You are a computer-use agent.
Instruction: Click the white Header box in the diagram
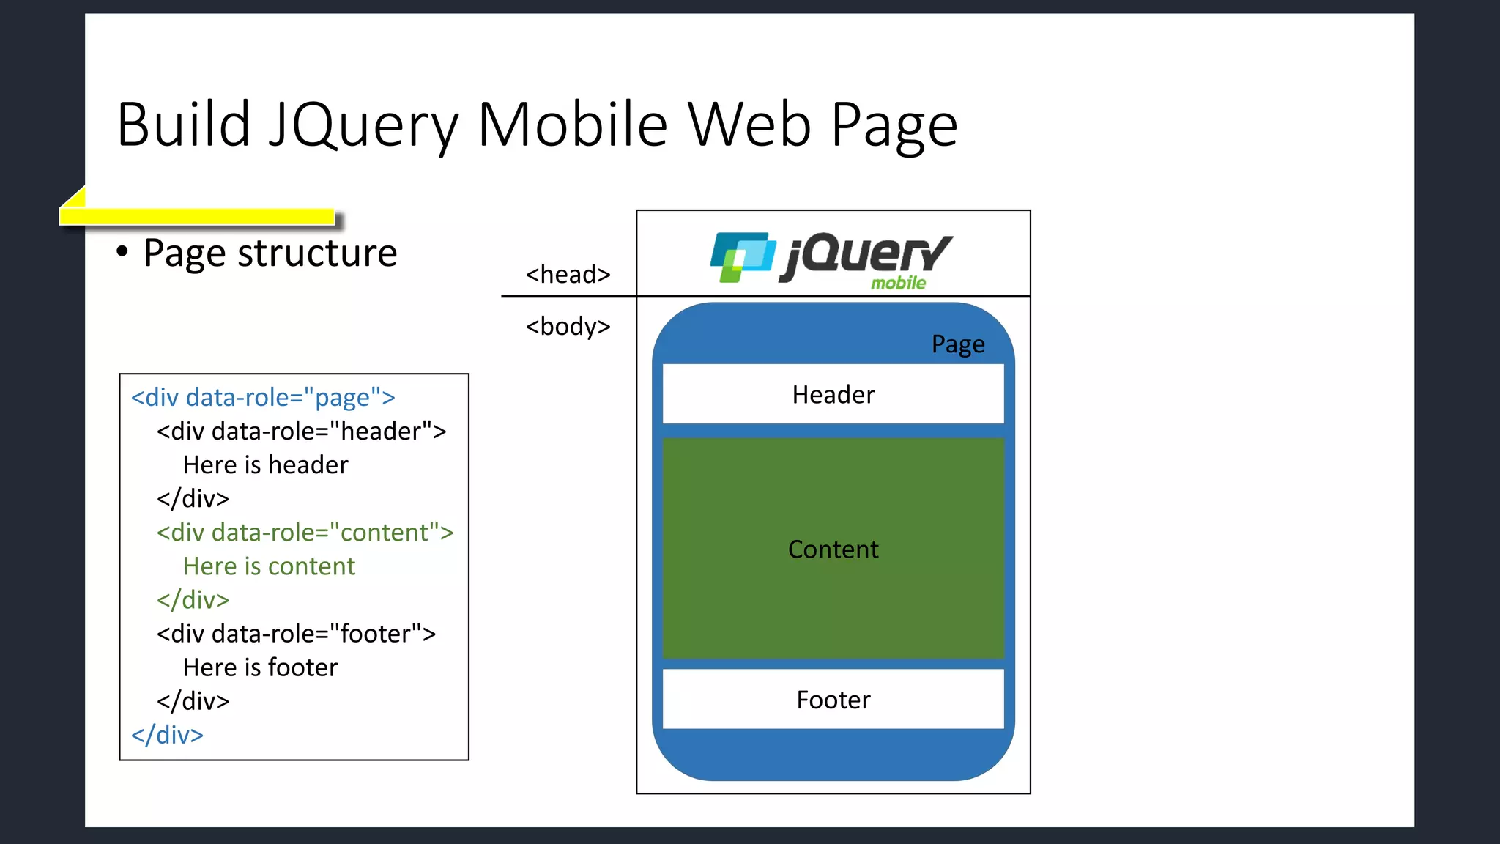833,394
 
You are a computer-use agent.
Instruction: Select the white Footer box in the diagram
833,700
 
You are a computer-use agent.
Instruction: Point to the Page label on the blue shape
958,344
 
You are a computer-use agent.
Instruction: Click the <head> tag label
568,274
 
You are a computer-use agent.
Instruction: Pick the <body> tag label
568,326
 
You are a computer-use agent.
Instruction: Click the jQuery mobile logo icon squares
742,256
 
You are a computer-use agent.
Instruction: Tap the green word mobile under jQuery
898,283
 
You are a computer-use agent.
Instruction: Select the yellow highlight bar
197,215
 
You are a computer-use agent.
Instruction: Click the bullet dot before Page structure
122,252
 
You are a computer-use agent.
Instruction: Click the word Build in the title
184,125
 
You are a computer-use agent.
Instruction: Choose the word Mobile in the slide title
572,125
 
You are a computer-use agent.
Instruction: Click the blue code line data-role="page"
263,397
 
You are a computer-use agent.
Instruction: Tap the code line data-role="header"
301,431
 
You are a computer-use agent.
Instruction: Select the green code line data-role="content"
305,532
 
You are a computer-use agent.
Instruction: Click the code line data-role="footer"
296,633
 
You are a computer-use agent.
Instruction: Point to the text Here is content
269,566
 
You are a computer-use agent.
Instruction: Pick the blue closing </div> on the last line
167,734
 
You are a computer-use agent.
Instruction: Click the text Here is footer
260,667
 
